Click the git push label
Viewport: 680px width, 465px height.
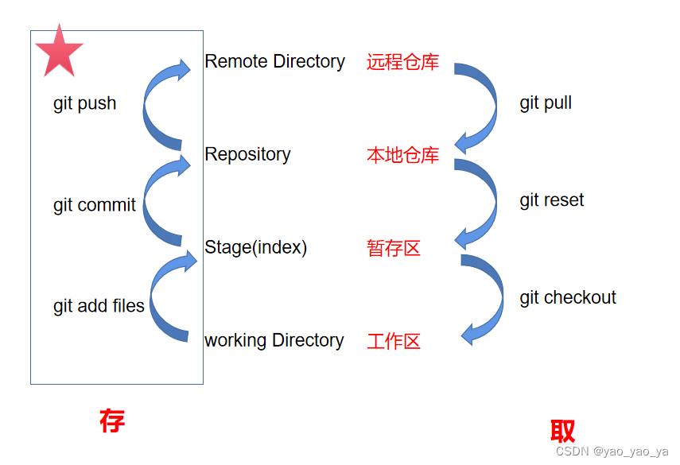pyautogui.click(x=84, y=103)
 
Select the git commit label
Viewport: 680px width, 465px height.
pyautogui.click(x=95, y=205)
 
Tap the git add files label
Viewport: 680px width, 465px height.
pyautogui.click(x=99, y=306)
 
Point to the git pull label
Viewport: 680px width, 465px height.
pyautogui.click(x=546, y=103)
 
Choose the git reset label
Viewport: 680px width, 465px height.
pyautogui.click(x=551, y=200)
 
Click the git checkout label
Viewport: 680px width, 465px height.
pyautogui.click(x=568, y=298)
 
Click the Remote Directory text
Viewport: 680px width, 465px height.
pyautogui.click(x=274, y=62)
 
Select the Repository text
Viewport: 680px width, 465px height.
pyautogui.click(x=247, y=154)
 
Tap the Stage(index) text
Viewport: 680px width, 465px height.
pyautogui.click(x=255, y=247)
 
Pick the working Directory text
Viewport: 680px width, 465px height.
pyautogui.click(x=274, y=340)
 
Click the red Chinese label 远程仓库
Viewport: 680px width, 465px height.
pyautogui.click(x=402, y=63)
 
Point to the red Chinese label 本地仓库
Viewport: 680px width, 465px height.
pyautogui.click(x=402, y=155)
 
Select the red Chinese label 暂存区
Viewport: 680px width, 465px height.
pyautogui.click(x=394, y=249)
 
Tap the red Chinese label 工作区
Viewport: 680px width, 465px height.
pyautogui.click(x=394, y=342)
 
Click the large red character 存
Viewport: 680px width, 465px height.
pyautogui.click(x=112, y=420)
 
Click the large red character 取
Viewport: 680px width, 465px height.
pyautogui.click(x=562, y=431)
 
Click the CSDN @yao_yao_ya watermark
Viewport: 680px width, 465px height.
pyautogui.click(x=612, y=451)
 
